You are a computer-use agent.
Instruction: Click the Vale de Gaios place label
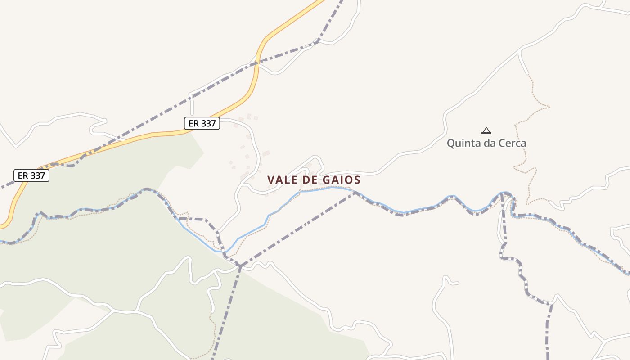[314, 180]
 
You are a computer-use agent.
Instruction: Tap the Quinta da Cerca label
[486, 144]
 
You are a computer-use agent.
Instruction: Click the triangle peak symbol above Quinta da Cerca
[486, 131]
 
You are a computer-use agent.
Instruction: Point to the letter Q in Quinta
[450, 144]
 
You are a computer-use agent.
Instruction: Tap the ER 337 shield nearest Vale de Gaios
[202, 123]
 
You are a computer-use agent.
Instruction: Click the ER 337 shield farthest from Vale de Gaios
[31, 175]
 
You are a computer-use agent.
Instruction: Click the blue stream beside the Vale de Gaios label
[315, 189]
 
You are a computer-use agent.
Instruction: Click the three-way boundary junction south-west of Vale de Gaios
[240, 266]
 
